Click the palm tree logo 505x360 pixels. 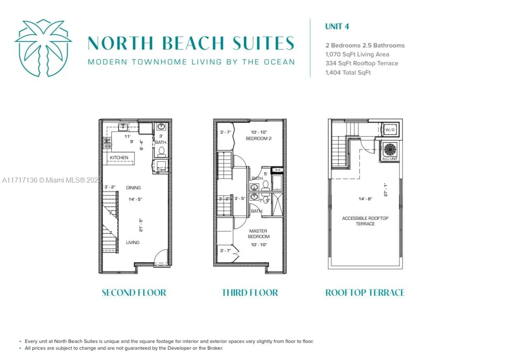43,48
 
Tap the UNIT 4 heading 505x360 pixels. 337,26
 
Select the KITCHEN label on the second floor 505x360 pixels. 119,157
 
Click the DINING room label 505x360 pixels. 133,188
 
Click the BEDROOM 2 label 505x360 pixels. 258,138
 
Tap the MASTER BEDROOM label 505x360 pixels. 258,234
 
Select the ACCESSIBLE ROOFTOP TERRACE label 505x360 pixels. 365,221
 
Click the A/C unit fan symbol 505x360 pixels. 390,149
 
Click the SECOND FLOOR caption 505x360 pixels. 134,292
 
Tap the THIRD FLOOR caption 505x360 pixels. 250,292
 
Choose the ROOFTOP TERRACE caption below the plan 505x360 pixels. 365,292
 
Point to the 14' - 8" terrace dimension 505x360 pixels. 365,198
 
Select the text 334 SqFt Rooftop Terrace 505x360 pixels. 361,63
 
